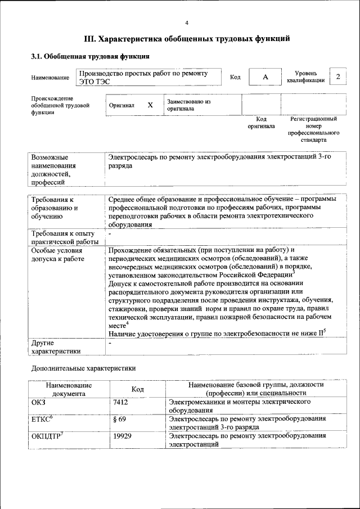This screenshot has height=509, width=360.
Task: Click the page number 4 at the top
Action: (186, 22)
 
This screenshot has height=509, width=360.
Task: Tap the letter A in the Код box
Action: (264, 77)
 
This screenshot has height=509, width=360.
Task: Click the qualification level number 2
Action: (337, 76)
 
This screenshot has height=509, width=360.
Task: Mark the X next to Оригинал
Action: (150, 105)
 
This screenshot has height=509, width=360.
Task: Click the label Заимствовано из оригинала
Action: (188, 105)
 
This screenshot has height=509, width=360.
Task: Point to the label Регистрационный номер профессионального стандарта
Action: (313, 129)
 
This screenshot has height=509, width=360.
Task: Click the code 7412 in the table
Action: (121, 403)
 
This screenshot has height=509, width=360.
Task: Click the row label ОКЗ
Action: (39, 403)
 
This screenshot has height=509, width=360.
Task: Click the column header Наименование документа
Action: (69, 389)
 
